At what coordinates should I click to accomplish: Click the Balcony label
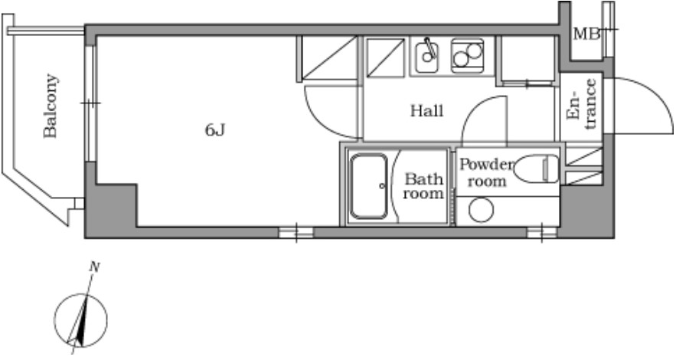click(x=51, y=106)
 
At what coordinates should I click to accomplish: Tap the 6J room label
click(x=215, y=129)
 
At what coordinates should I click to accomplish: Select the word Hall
click(x=427, y=111)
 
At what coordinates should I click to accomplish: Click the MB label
click(x=586, y=34)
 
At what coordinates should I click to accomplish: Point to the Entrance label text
click(x=582, y=103)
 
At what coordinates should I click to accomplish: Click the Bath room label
click(x=423, y=186)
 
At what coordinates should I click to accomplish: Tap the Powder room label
click(x=486, y=172)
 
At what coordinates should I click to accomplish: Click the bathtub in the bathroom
click(x=368, y=186)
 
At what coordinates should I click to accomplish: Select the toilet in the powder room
click(x=537, y=169)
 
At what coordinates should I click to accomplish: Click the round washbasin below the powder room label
click(x=481, y=211)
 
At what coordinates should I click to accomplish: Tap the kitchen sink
click(x=427, y=56)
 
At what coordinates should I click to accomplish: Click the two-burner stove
click(x=467, y=56)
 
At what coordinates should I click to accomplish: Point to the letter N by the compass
click(x=94, y=267)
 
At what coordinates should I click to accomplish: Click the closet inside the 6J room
click(x=328, y=58)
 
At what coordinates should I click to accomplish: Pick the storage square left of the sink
click(x=385, y=57)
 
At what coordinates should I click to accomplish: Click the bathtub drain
click(x=382, y=186)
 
